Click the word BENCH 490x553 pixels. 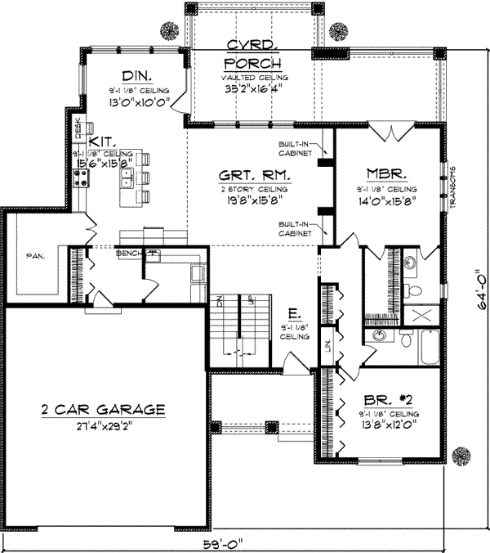129,253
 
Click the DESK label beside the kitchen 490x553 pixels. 79,128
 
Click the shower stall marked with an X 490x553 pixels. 423,314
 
